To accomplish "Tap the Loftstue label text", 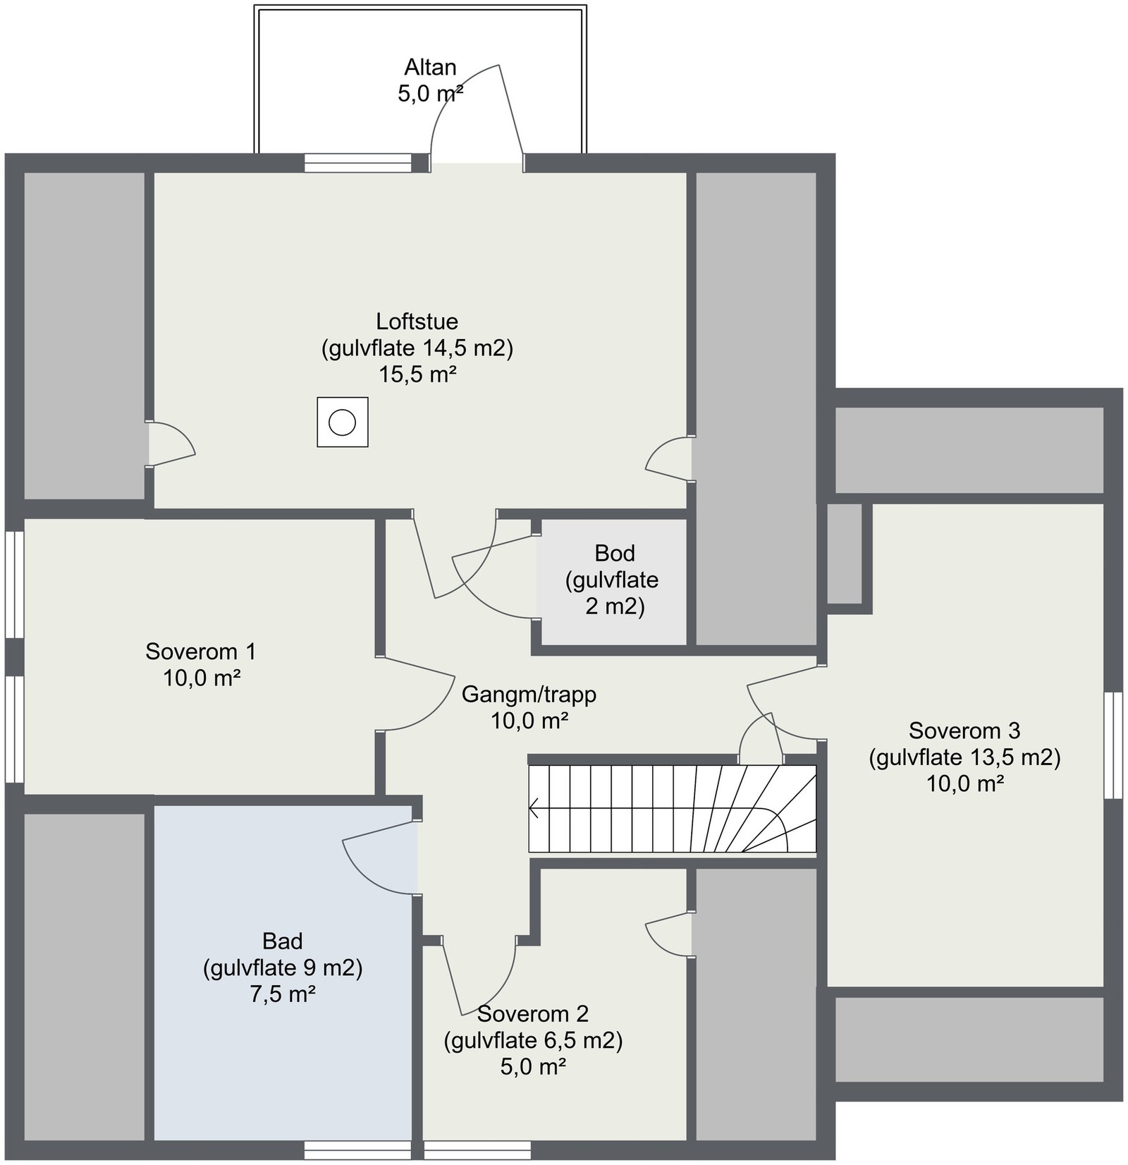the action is pyautogui.click(x=417, y=322).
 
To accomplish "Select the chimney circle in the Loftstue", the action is pyautogui.click(x=343, y=422).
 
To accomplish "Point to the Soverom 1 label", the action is pyautogui.click(x=201, y=651).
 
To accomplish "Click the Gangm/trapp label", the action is pyautogui.click(x=529, y=694).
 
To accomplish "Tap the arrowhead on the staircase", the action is pyautogui.click(x=534, y=808).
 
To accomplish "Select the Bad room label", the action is pyautogui.click(x=283, y=941).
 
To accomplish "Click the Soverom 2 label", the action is pyautogui.click(x=533, y=1013).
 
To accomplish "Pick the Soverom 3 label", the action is pyautogui.click(x=964, y=730).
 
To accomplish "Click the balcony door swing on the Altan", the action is pyautogui.click(x=477, y=113).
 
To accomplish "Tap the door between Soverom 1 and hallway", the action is pyautogui.click(x=416, y=694).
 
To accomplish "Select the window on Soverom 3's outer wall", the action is pyautogui.click(x=1113, y=745).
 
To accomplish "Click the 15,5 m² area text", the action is pyautogui.click(x=417, y=374).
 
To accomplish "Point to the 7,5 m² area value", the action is pyautogui.click(x=283, y=994).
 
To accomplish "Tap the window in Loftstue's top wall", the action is pyautogui.click(x=357, y=163).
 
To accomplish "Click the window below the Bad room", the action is pyautogui.click(x=357, y=1150).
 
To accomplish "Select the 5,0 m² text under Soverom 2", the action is pyautogui.click(x=533, y=1066).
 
